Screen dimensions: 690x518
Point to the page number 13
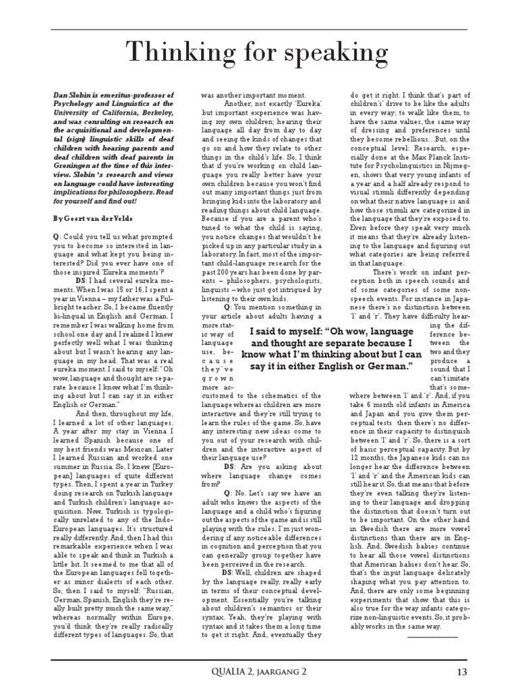(x=461, y=671)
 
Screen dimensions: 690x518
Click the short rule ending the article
(x=432, y=636)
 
